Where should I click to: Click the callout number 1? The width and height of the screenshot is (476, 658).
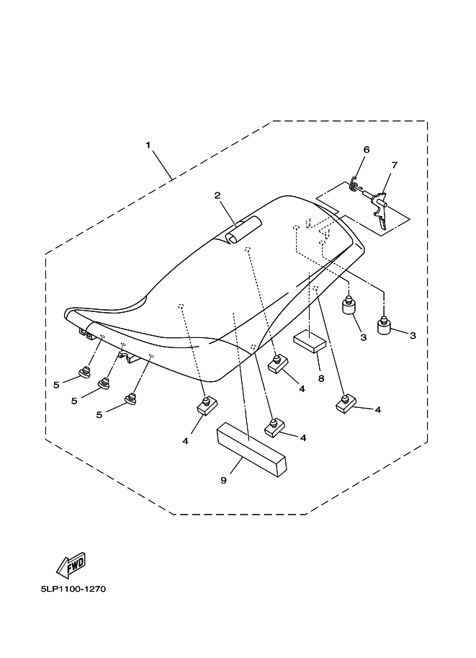pos(148,145)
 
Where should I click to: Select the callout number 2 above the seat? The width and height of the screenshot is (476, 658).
pos(216,195)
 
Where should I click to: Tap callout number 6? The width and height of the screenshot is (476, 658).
pos(367,149)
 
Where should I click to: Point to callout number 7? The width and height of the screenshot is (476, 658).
pos(394,165)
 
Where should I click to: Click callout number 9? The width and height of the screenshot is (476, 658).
pos(223,480)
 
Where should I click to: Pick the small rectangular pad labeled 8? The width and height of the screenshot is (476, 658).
pos(310,340)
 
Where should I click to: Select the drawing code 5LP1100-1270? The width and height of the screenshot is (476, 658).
pos(73,589)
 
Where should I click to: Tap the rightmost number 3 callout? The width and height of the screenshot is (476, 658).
pos(413,337)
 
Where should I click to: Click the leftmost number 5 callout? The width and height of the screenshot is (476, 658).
pos(55,385)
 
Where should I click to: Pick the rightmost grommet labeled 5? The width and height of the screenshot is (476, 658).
pos(130,399)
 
